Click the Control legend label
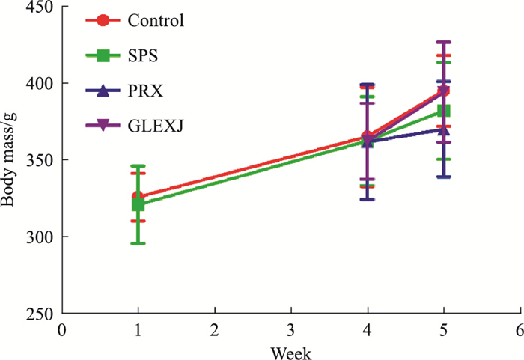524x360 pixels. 155,20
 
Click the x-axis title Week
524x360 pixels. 290,351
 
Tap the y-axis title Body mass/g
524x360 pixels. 9,161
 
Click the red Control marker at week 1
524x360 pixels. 138,197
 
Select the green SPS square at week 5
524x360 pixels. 443,111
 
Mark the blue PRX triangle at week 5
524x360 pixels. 443,129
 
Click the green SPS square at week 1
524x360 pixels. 138,204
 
